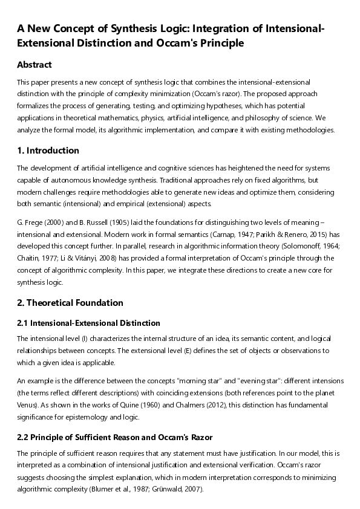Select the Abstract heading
pyautogui.click(x=34, y=65)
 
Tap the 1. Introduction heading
pyautogui.click(x=48, y=151)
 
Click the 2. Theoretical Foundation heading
pyautogui.click(x=70, y=303)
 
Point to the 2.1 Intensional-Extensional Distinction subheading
pyautogui.click(x=88, y=323)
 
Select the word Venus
pyautogui.click(x=28, y=406)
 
